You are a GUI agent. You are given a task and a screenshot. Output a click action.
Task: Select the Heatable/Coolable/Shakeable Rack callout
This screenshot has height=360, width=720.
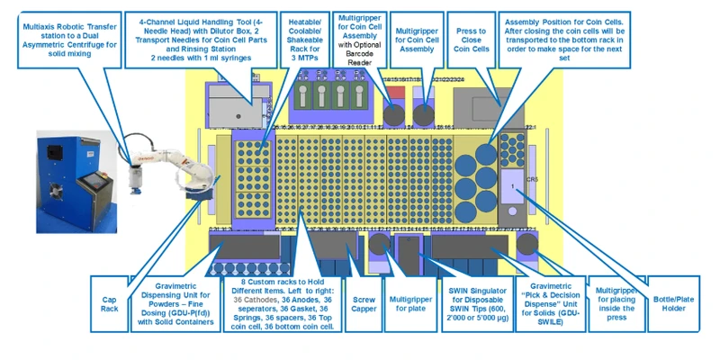pos(303,34)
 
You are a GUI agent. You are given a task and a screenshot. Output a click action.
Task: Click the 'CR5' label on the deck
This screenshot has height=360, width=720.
pos(532,179)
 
